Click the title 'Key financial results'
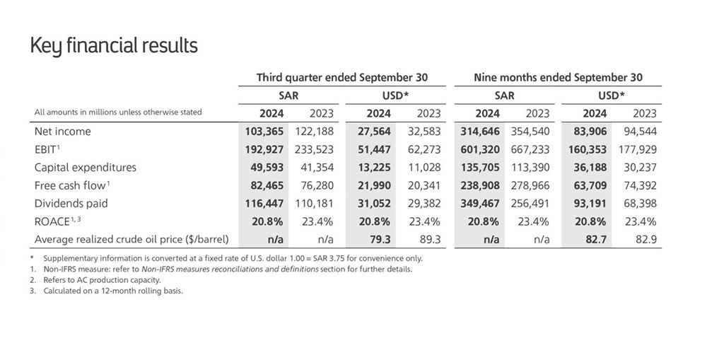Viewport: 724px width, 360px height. click(114, 46)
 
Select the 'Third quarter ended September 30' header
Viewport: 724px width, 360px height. click(341, 77)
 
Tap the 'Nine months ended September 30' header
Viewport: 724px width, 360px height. click(558, 77)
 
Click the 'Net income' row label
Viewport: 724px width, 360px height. click(63, 132)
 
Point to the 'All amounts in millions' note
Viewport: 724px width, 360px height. click(118, 112)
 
